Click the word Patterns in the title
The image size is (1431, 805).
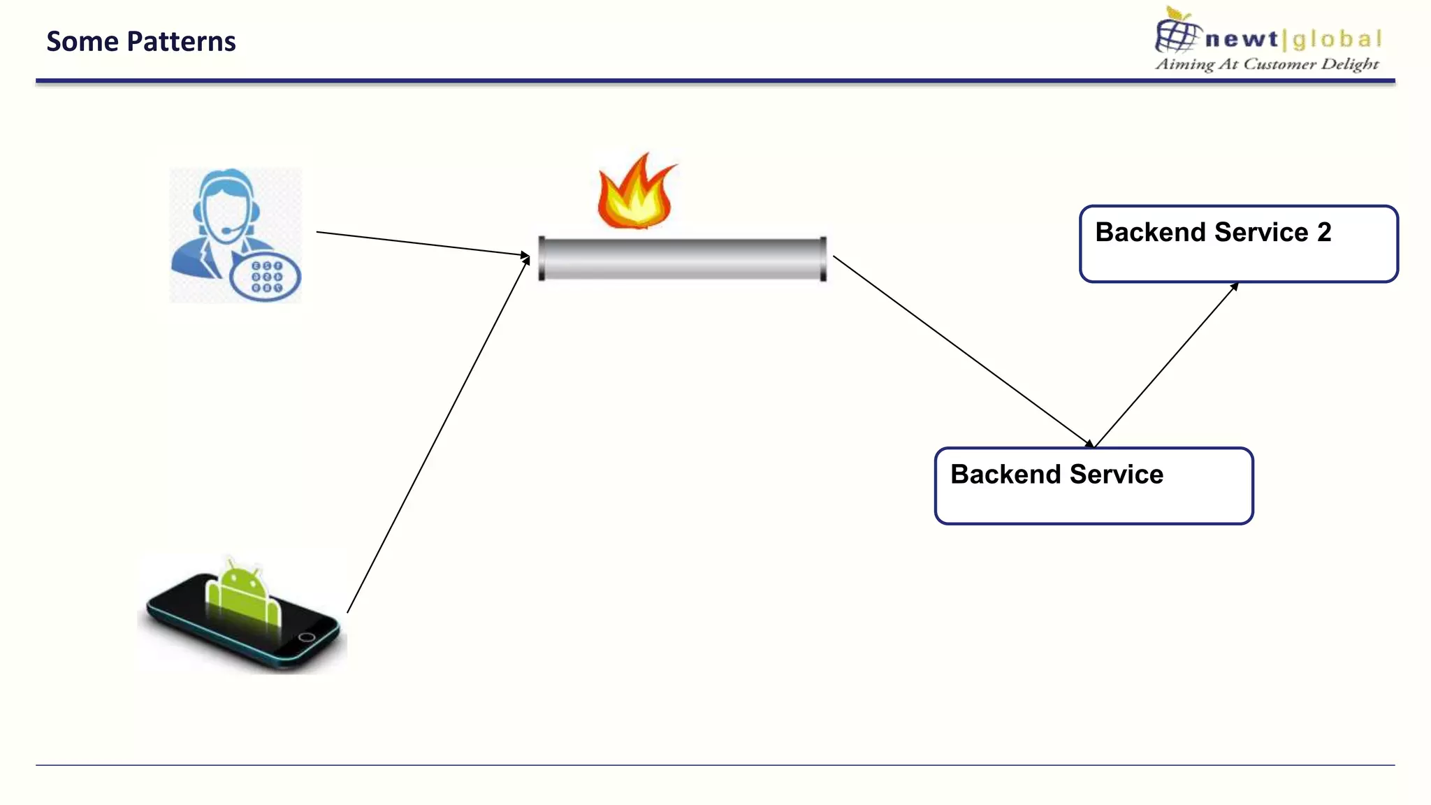point(182,42)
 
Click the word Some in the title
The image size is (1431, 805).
point(82,42)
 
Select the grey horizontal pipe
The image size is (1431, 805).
point(682,259)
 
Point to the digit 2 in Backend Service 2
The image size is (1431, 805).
point(1324,232)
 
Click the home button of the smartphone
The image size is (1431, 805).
point(306,637)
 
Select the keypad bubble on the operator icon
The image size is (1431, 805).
point(265,277)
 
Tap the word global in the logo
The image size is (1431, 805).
point(1337,39)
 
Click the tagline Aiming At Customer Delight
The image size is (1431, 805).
point(1266,64)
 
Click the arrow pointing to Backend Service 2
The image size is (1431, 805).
point(1165,365)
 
